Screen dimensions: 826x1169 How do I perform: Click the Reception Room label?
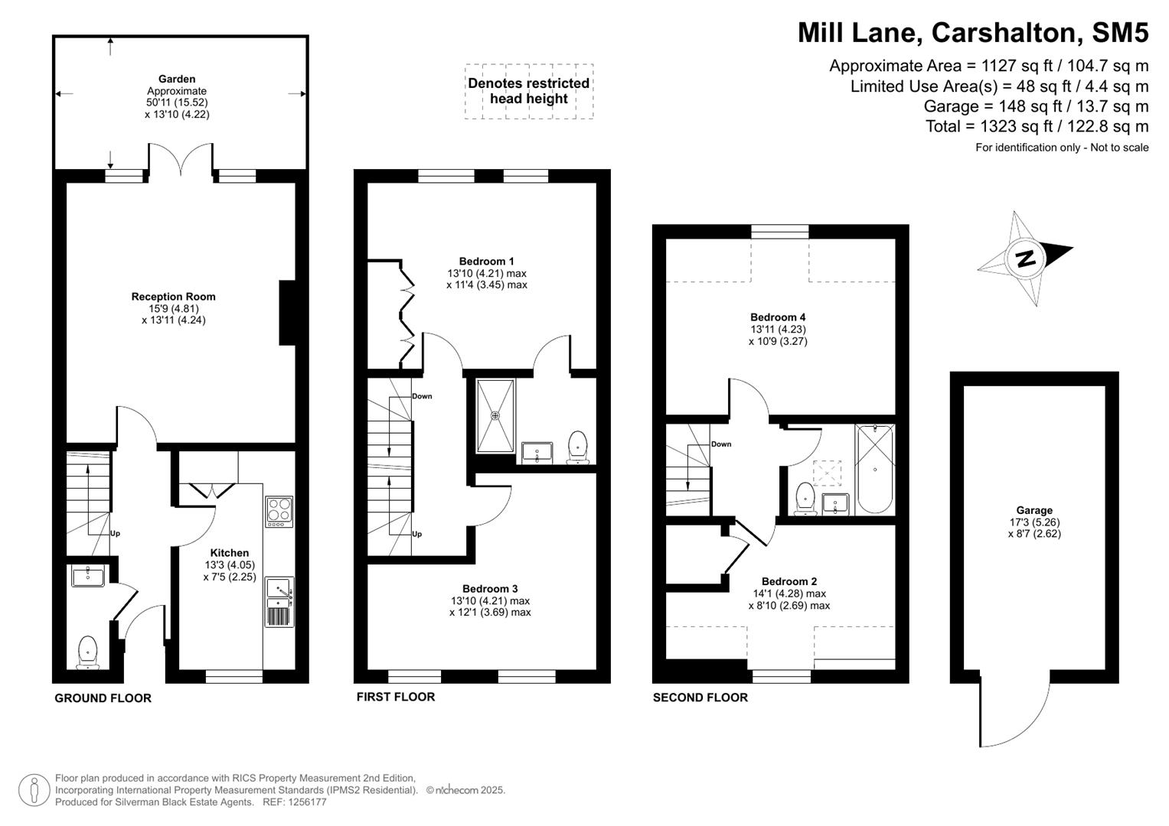(173, 297)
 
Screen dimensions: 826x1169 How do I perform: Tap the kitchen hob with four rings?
(279, 511)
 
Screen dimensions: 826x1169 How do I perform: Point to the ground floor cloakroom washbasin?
(88, 575)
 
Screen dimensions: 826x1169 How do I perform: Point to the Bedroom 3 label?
(490, 589)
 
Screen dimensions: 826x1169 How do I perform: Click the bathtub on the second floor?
(874, 469)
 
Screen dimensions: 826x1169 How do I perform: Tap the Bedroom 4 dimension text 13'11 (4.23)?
(778, 330)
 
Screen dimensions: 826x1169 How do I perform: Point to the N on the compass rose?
(1025, 259)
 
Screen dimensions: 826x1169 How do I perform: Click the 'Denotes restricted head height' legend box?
(529, 91)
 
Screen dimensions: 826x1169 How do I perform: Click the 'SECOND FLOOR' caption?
(700, 698)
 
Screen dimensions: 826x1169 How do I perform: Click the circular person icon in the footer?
(34, 789)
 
